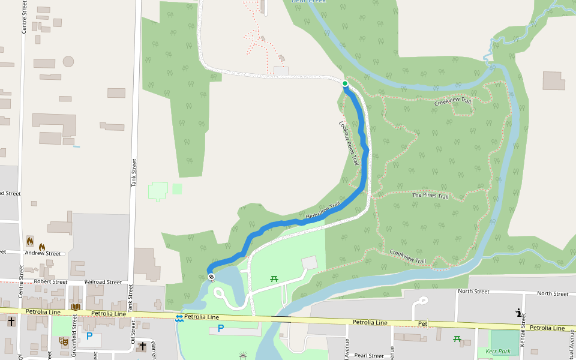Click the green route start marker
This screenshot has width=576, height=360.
[345, 83]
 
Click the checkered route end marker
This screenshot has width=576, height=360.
[211, 277]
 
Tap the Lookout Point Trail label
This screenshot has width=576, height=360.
[349, 143]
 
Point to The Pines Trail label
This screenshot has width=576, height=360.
[430, 196]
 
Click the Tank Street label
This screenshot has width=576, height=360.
[134, 173]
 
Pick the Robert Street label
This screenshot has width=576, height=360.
[50, 281]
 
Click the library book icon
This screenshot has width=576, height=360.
[75, 307]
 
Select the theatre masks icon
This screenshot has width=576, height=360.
[63, 341]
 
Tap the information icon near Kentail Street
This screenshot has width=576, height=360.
[518, 312]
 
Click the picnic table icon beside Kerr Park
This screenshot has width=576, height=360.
[457, 340]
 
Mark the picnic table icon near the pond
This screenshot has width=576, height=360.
[275, 278]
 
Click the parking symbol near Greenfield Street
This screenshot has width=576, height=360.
[89, 337]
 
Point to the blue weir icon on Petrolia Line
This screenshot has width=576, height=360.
[179, 317]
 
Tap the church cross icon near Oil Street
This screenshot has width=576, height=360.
[142, 346]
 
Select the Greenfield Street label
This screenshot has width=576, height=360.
[74, 341]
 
